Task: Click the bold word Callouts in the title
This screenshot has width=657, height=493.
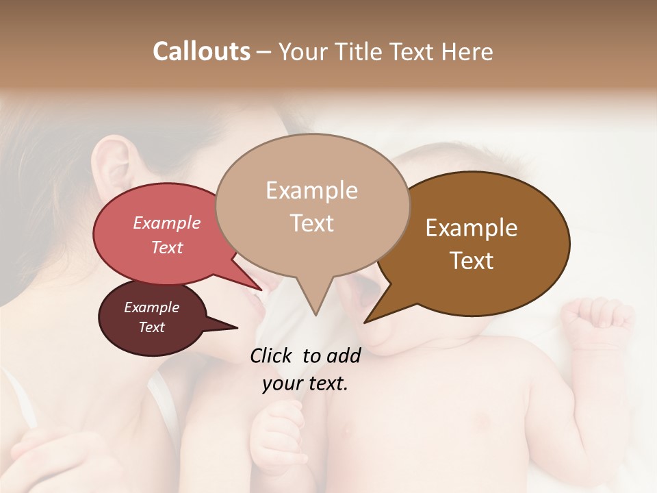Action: coord(201,51)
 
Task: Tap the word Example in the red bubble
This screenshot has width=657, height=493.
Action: coord(167,223)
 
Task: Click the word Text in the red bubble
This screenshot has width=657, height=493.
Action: coord(167,247)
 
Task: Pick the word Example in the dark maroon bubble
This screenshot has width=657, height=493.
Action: coord(151,307)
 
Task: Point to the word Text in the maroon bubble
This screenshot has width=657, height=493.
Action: coord(151,327)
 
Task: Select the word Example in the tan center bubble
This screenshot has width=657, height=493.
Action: coord(311,190)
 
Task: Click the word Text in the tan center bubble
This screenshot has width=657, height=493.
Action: coord(311,223)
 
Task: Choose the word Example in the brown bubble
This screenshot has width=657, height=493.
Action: coord(472,228)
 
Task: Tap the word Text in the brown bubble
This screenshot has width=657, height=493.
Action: coord(472,261)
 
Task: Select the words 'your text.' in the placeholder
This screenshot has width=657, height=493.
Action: coord(305,383)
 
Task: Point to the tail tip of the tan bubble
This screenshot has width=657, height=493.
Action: coord(315,314)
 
